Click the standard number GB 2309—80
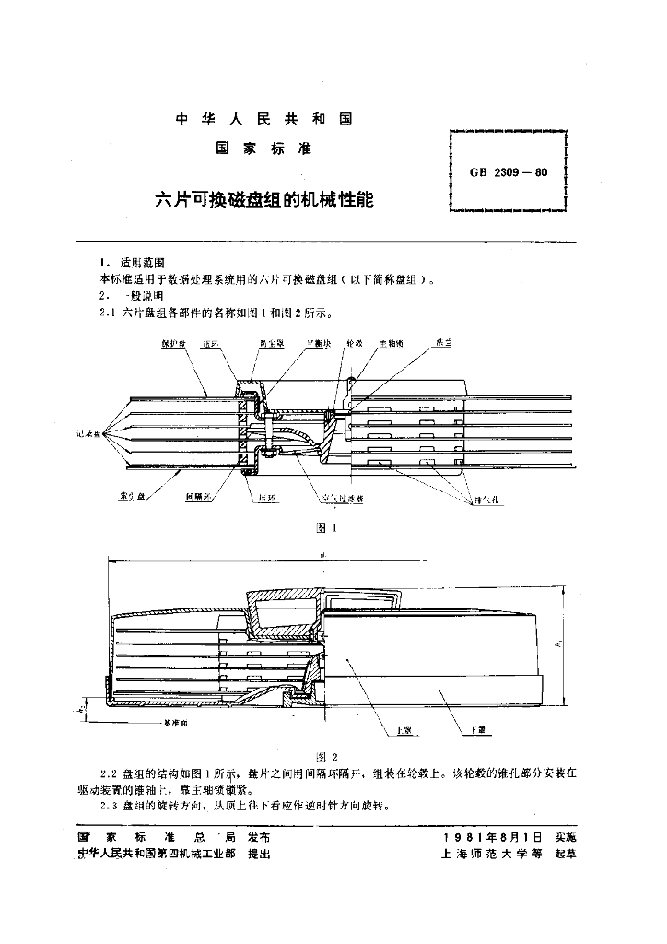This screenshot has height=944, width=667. point(509,171)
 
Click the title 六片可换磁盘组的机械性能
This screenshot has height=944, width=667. point(263,199)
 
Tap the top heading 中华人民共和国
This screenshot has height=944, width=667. point(263,120)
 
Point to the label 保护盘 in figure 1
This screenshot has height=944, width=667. point(174,343)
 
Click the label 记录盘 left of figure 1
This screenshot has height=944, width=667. point(91,431)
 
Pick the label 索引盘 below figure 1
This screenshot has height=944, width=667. point(132,496)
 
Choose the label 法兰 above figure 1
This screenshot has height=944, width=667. point(444,343)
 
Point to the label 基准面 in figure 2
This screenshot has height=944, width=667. point(174,725)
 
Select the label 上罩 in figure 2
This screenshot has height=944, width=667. point(403,730)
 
